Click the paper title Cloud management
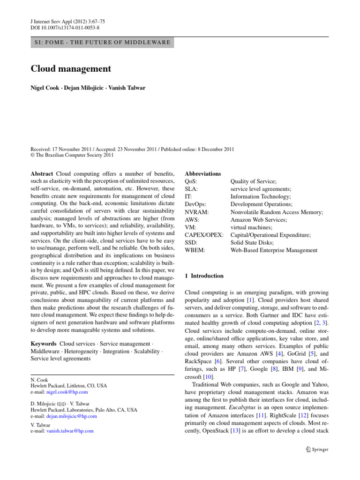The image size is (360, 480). (x=71, y=69)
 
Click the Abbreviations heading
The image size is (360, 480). (x=203, y=174)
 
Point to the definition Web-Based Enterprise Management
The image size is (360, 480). (x=274, y=250)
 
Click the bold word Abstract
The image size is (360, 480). (x=42, y=174)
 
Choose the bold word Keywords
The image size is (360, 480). (x=44, y=344)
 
